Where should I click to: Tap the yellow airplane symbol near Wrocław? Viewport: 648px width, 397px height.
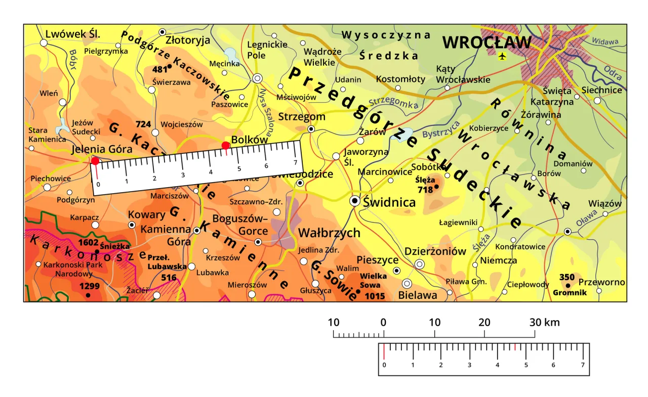pos(502,56)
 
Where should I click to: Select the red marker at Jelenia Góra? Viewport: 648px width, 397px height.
pos(95,161)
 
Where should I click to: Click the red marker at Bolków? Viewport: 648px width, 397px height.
pos(226,146)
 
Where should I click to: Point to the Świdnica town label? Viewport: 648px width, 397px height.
pos(389,203)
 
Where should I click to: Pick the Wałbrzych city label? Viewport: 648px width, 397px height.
pos(329,233)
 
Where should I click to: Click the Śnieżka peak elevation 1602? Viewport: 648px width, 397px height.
pos(89,242)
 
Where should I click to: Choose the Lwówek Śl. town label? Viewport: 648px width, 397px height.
pos(73,34)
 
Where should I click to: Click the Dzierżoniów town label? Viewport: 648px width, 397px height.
pos(435,251)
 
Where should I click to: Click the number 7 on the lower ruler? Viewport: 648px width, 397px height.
pos(582,365)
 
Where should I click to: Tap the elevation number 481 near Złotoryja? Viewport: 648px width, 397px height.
pos(159,69)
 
